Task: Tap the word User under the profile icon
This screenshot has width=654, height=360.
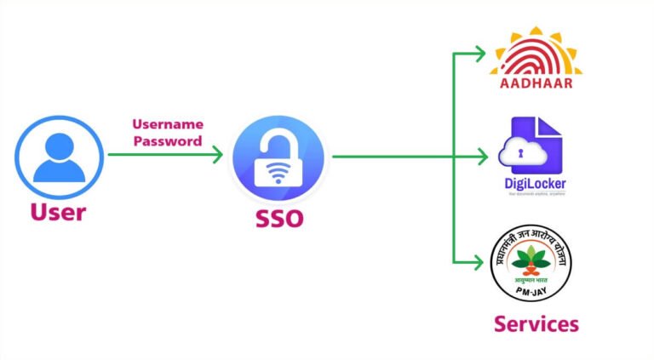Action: point(58,211)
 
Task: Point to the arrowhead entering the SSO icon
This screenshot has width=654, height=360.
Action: point(218,155)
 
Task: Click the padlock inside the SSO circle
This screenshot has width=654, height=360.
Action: point(278,162)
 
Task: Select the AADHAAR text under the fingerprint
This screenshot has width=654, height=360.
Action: point(535,83)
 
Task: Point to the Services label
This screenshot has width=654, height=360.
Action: point(536,323)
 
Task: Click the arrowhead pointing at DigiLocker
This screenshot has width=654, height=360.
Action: point(485,156)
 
